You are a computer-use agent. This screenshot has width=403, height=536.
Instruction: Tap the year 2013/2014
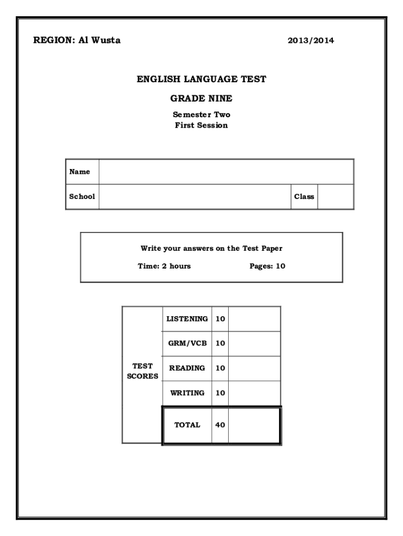(311, 41)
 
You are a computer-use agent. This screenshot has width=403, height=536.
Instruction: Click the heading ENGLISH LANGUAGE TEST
(201, 79)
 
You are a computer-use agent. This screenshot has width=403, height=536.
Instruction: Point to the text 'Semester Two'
(201, 115)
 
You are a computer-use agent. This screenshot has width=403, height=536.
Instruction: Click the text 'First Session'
(201, 125)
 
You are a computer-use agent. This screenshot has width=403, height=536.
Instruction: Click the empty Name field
(226, 172)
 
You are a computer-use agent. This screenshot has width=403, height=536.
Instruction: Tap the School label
(82, 197)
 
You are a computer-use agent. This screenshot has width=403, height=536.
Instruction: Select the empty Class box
(335, 197)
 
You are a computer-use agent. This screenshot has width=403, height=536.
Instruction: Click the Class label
(304, 197)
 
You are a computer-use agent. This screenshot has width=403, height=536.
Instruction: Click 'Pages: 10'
(267, 266)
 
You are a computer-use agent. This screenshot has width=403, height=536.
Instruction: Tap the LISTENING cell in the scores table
(187, 319)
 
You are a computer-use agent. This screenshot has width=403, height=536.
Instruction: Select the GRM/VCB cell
(187, 343)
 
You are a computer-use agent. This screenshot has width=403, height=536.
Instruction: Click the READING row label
(187, 368)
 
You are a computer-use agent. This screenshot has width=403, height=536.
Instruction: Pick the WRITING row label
(187, 393)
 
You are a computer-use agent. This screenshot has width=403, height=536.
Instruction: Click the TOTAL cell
(187, 425)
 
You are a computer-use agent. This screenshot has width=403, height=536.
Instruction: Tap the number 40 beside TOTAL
(220, 425)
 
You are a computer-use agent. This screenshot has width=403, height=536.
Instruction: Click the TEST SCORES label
(142, 372)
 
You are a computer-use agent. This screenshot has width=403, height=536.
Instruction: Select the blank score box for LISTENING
(254, 319)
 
